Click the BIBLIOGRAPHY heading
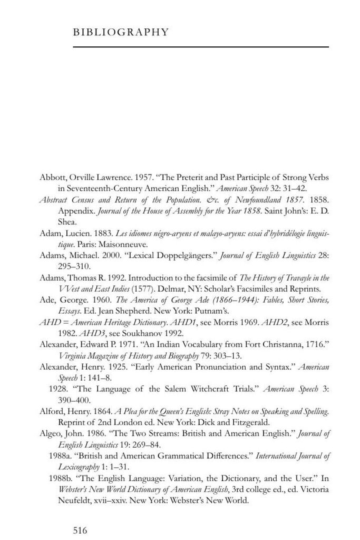(121, 32)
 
